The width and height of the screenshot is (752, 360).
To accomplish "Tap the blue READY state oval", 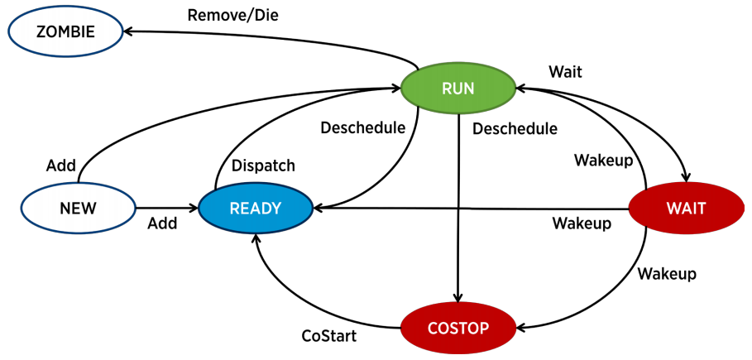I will click(256, 209).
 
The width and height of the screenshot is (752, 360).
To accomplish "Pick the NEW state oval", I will click(78, 208).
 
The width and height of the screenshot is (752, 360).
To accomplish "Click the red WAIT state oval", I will click(686, 209).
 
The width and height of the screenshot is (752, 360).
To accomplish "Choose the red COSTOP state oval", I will click(457, 328).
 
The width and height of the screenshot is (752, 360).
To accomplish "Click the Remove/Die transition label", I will click(228, 15).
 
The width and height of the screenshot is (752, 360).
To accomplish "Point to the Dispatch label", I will click(263, 166).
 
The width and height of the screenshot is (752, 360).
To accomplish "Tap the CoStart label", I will click(328, 336).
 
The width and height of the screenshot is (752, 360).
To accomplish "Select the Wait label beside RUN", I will click(566, 72).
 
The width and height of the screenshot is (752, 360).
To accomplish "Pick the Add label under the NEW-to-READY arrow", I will click(162, 223).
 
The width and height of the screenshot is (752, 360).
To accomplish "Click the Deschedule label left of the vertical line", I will click(363, 127).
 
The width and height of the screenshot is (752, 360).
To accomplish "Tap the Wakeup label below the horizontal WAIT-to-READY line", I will click(582, 223).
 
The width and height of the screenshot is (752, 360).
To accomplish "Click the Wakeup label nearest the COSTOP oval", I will click(667, 273).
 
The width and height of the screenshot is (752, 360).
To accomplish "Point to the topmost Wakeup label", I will click(603, 159).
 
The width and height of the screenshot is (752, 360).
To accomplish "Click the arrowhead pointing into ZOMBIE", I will click(130, 31).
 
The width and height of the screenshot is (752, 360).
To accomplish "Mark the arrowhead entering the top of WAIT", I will click(684, 175).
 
